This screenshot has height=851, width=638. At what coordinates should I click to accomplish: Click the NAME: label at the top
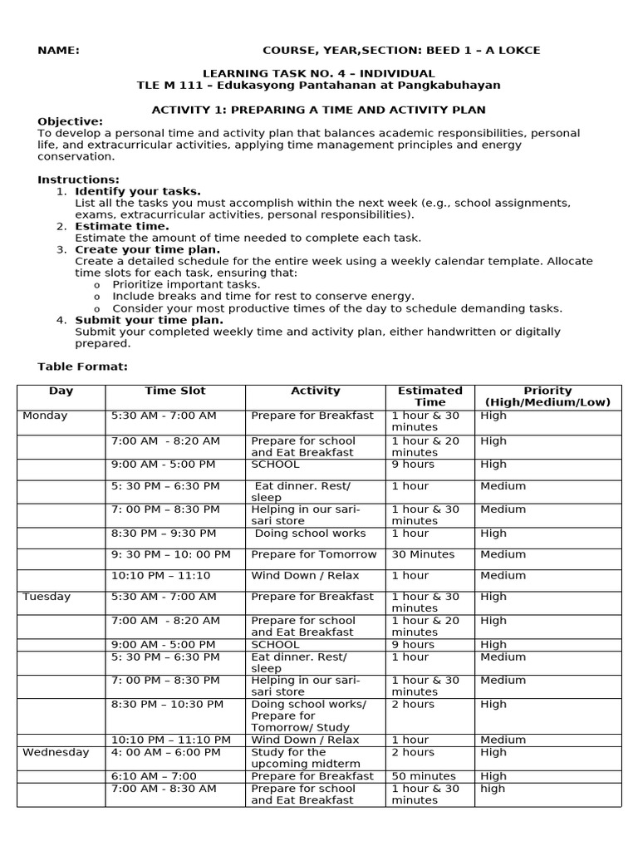[x=58, y=51]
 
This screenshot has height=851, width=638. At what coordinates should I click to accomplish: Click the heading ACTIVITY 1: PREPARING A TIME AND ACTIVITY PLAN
[x=318, y=110]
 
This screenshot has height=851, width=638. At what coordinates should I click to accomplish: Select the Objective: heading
[x=71, y=121]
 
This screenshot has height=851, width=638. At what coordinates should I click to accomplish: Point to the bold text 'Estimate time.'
[x=121, y=226]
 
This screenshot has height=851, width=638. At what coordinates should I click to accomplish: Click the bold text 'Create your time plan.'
[x=148, y=249]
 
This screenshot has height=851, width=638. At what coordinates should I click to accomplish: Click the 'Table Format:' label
[x=82, y=366]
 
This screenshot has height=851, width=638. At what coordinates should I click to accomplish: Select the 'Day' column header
[x=61, y=391]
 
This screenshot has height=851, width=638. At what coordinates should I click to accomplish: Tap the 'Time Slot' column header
[x=174, y=391]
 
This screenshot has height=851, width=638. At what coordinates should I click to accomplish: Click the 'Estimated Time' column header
[x=429, y=396]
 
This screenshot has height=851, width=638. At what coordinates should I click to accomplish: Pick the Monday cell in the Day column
[x=46, y=416]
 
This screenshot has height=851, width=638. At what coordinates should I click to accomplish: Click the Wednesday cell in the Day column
[x=56, y=752]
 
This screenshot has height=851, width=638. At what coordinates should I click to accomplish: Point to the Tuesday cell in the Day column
[x=47, y=597]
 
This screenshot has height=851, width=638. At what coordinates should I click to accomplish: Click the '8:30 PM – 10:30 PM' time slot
[x=167, y=704]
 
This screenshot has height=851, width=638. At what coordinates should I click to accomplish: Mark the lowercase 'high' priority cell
[x=492, y=789]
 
